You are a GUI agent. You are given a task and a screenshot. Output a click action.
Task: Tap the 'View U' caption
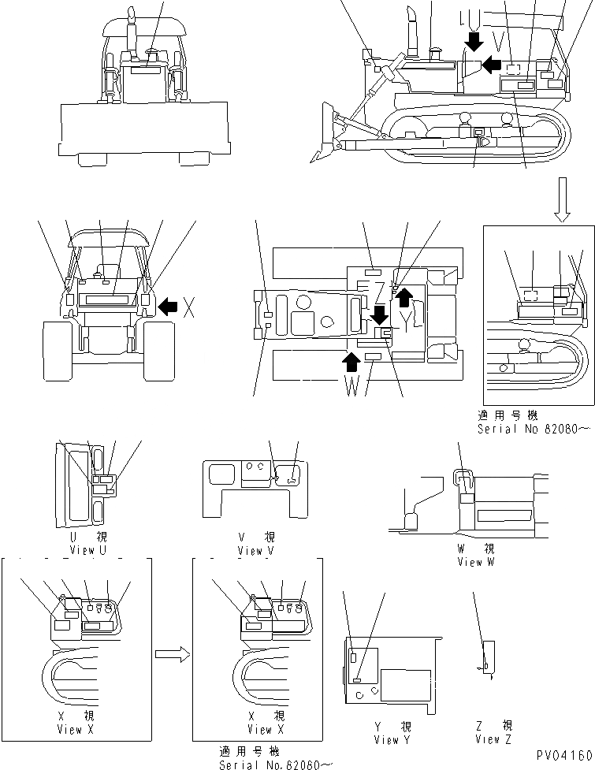pos(93,543)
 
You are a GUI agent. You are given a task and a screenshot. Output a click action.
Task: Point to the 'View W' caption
pos(476,556)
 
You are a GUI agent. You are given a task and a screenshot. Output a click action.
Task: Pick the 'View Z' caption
pos(493,734)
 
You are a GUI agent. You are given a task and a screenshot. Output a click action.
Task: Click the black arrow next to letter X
pos(167,307)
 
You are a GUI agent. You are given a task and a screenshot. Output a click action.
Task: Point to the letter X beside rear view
pos(189,308)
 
